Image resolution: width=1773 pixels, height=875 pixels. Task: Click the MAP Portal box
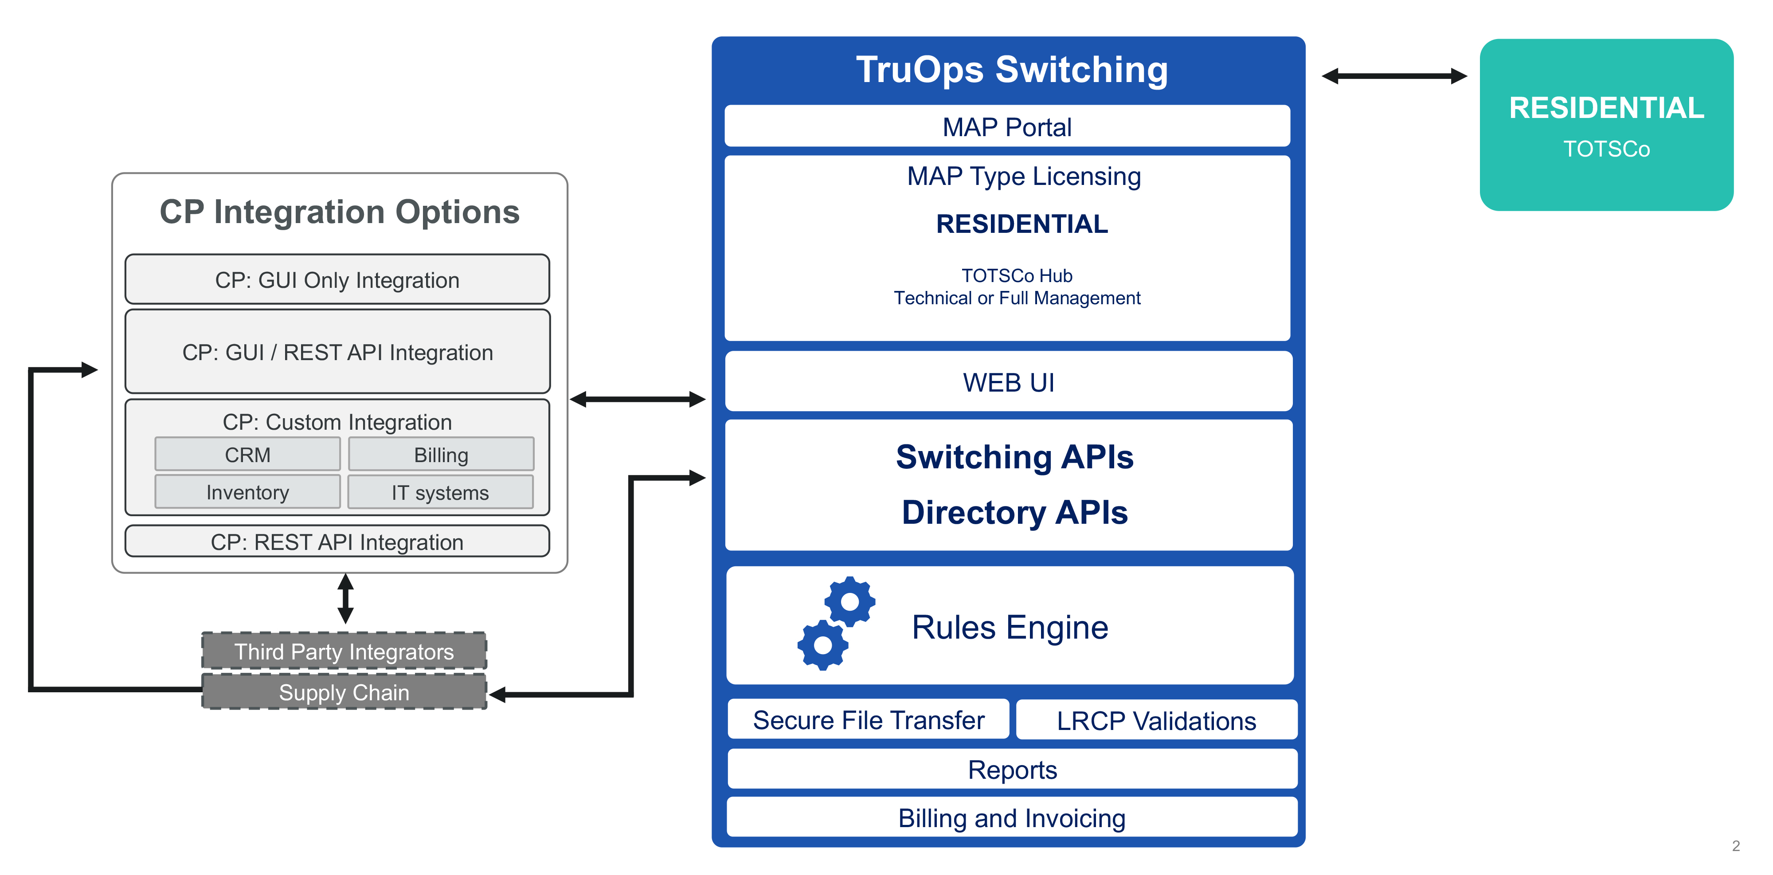click(x=1007, y=127)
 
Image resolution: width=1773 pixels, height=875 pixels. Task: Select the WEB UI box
click(x=1008, y=382)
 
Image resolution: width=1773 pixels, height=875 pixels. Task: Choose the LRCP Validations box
click(x=1156, y=721)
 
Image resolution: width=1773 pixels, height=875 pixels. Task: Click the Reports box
click(x=1012, y=769)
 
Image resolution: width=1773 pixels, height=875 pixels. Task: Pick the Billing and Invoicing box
click(x=1012, y=818)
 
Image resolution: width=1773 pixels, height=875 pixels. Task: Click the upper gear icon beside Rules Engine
click(x=850, y=601)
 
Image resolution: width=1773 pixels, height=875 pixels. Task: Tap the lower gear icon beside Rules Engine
click(x=822, y=645)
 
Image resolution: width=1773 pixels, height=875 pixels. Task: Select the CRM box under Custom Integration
click(x=248, y=455)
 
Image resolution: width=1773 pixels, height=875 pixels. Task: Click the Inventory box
click(x=248, y=492)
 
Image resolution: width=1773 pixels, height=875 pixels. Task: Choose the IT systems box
click(x=441, y=492)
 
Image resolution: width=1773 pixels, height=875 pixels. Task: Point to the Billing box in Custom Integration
click(x=441, y=455)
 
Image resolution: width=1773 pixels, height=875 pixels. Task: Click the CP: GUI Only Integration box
click(x=337, y=279)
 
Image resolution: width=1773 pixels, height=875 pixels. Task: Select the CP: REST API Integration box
click(x=337, y=542)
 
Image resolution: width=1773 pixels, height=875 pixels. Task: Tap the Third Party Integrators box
click(x=344, y=651)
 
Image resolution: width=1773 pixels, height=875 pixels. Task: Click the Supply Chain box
click(x=344, y=692)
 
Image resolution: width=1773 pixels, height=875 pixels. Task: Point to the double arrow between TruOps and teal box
click(x=1394, y=76)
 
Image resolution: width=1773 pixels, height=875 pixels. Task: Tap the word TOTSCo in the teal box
click(x=1606, y=149)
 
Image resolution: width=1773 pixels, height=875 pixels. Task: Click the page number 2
click(x=1736, y=846)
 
